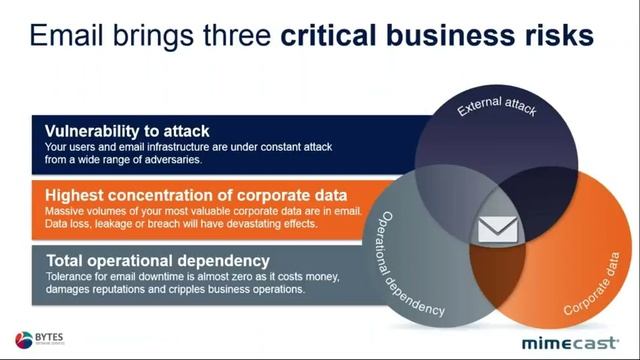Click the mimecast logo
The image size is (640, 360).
pyautogui.click(x=573, y=341)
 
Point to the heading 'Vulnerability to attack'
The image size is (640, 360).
pyautogui.click(x=127, y=131)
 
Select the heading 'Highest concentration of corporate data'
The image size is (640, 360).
pyautogui.click(x=196, y=194)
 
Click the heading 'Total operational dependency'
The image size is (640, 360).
pyautogui.click(x=157, y=260)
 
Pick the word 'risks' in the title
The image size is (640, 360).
pyautogui.click(x=556, y=37)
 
